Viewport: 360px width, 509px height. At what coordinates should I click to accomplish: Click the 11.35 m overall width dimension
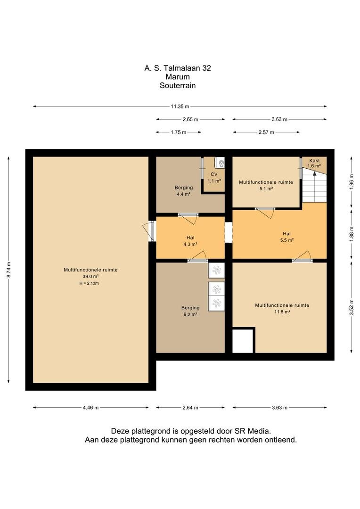(x=180, y=106)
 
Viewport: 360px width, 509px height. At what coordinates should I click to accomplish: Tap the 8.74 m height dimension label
(x=9, y=270)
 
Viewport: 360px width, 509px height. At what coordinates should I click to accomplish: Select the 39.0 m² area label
(x=90, y=277)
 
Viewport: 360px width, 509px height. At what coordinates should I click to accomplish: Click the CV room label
(x=214, y=174)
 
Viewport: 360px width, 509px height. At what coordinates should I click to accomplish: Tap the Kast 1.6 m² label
(x=314, y=163)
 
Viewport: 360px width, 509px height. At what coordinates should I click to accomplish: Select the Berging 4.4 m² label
(x=184, y=190)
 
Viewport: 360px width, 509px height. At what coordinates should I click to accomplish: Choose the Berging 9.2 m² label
(x=190, y=311)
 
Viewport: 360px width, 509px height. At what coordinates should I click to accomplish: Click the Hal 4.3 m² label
(x=190, y=241)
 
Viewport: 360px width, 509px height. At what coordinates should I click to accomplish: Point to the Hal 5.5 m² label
(x=286, y=237)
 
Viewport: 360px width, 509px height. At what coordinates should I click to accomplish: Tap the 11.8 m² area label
(x=282, y=312)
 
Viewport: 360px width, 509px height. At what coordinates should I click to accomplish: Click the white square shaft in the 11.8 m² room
(x=243, y=341)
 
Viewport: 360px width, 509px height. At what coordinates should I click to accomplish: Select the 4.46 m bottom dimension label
(x=90, y=408)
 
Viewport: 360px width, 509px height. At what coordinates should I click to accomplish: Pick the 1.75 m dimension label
(x=179, y=132)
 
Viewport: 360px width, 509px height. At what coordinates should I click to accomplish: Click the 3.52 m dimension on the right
(x=352, y=307)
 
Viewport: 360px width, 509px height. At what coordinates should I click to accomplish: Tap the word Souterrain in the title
(x=178, y=85)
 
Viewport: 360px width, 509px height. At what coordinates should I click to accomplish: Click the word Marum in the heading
(x=178, y=77)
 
